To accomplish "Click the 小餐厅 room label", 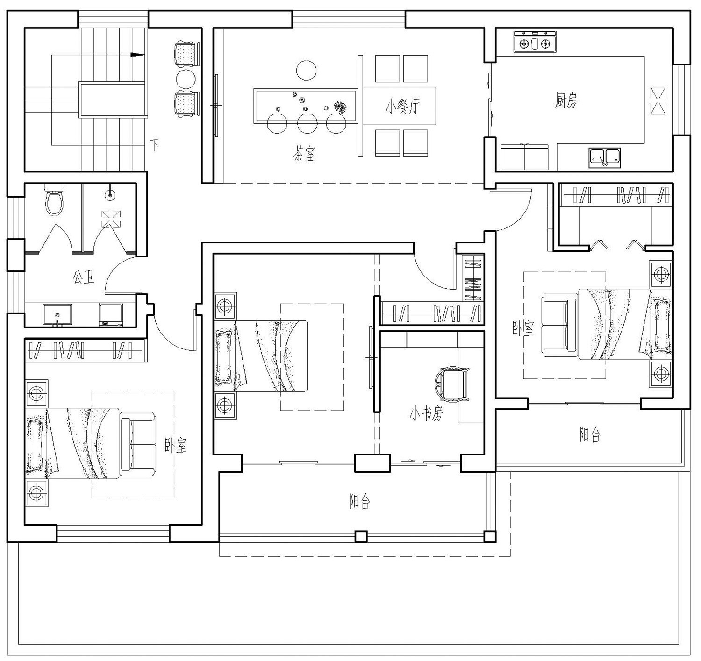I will coord(402,107).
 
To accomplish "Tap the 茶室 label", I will coord(304,153).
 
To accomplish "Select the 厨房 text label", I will coord(566,100).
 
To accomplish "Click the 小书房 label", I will coord(425,414).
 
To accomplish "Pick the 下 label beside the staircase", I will coord(154,144).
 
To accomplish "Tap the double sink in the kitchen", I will coord(605,157).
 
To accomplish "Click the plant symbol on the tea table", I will coord(340,107).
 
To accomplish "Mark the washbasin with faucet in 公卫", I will coord(57,314).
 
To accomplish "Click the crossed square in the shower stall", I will coord(111,219).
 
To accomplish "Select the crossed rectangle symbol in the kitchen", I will coord(658,100).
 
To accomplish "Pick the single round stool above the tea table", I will coord(307,71).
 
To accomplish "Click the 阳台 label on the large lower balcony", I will coord(360,502).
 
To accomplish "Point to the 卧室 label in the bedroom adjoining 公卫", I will coord(176,445).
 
